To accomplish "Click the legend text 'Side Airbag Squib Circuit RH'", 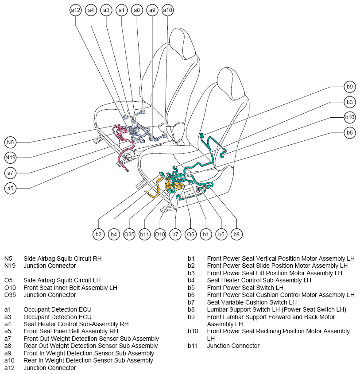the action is [62, 258].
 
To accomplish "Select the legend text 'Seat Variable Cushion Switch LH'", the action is [252, 302].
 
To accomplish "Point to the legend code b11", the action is [193, 346].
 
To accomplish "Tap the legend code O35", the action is [10, 295].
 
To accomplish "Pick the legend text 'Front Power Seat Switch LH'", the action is [245, 288].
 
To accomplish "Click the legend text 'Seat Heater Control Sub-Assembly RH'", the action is [76, 324].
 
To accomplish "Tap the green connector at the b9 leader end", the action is [202, 135].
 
